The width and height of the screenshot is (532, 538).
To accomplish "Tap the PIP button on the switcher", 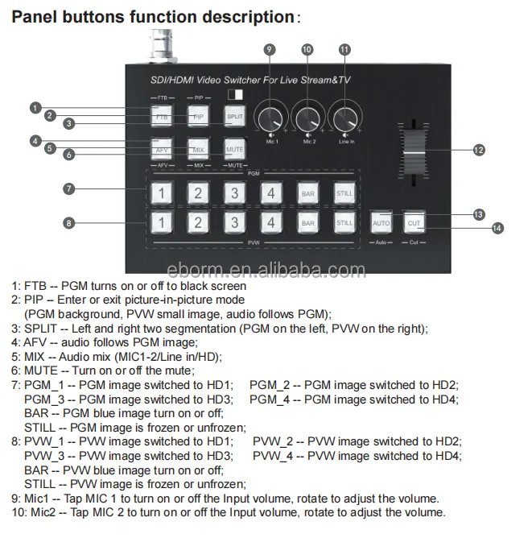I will point(199,117).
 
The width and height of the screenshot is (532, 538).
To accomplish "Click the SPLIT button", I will point(234,117).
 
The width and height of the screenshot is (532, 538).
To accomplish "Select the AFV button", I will point(163,149).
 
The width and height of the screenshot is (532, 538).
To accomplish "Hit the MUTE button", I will point(234,149).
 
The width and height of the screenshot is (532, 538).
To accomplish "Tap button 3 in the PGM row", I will point(234,192).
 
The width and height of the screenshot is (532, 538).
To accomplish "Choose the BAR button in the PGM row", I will point(307,192).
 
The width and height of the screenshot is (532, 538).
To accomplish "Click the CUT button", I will point(414,222).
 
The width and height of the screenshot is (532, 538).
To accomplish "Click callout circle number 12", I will point(480,150).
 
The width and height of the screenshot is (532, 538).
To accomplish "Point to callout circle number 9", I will point(270,49).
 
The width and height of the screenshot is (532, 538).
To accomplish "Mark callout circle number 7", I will point(69,189).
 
